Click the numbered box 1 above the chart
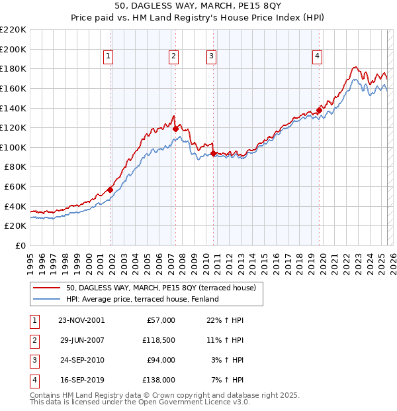pos(108,57)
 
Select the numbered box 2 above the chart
pos(173,57)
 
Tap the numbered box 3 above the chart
pos(211,57)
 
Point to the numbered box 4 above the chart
pos(318,57)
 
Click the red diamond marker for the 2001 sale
pos(110,190)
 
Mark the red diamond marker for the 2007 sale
pos(175,129)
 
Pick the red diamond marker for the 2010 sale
pos(213,153)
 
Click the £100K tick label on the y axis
pos(13,147)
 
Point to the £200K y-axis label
pos(13,49)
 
